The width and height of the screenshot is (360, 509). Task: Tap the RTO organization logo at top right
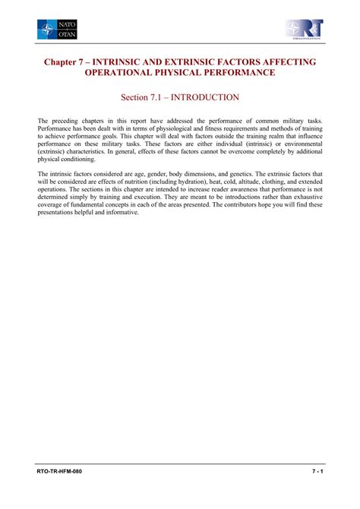tap(304, 30)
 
